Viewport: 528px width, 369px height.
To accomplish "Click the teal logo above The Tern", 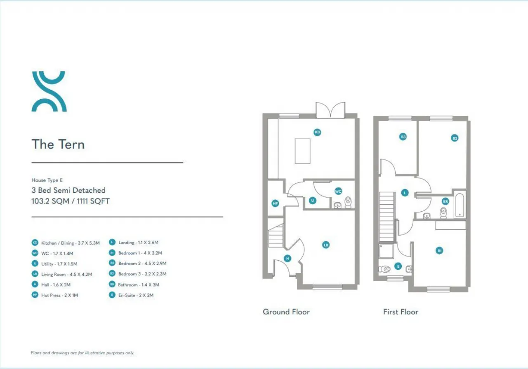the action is click(x=49, y=91).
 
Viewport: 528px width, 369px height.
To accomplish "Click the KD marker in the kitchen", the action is click(x=317, y=132).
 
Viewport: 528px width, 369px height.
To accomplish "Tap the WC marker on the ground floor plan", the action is click(x=338, y=192).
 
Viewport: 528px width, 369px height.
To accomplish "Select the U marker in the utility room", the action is click(x=313, y=201).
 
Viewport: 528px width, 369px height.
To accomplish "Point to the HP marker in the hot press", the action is click(x=275, y=203).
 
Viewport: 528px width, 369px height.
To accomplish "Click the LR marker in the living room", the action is click(x=326, y=245).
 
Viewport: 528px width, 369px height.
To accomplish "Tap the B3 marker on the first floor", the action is click(x=403, y=137).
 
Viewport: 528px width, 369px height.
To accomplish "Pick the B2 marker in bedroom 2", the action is click(x=455, y=138).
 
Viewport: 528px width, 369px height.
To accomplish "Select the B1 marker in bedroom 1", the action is click(x=439, y=251).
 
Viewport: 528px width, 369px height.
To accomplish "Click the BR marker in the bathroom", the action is click(x=445, y=201).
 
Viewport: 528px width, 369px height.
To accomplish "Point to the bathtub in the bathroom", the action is click(x=460, y=205).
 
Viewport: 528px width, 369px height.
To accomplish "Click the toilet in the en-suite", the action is click(x=384, y=269).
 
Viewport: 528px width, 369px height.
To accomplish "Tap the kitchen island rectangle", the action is click(x=302, y=151).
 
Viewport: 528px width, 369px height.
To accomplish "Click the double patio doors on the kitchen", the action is click(x=330, y=110).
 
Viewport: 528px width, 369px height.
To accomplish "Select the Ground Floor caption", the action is click(x=286, y=312).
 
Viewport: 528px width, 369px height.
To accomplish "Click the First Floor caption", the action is click(x=401, y=312).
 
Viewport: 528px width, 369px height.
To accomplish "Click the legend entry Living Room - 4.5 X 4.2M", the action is click(x=67, y=274).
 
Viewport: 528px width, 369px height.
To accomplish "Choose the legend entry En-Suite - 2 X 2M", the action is click(x=136, y=295).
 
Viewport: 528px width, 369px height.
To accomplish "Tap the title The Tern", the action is click(x=58, y=144).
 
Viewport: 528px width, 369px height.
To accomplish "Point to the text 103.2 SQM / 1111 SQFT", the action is click(x=71, y=201).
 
